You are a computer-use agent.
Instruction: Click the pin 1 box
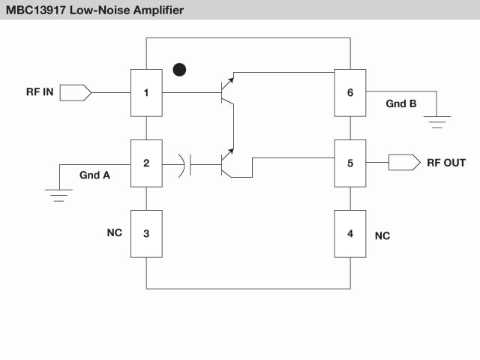(x=146, y=93)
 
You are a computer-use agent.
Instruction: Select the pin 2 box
(x=146, y=163)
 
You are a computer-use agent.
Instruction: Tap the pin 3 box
(x=146, y=233)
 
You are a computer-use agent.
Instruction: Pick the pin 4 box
(x=350, y=233)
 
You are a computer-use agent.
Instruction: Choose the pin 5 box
(x=350, y=163)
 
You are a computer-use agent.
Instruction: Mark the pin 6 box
(x=350, y=93)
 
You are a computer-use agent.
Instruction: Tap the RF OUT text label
(x=445, y=163)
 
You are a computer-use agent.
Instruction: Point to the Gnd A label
(x=94, y=175)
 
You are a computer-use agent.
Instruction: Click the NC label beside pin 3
(x=114, y=233)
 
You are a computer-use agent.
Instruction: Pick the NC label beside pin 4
(x=382, y=235)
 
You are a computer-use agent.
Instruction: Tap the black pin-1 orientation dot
(x=178, y=69)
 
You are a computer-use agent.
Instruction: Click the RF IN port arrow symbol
(x=75, y=93)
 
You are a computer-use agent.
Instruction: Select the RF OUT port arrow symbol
(x=404, y=163)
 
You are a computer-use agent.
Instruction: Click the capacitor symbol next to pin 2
(x=185, y=163)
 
